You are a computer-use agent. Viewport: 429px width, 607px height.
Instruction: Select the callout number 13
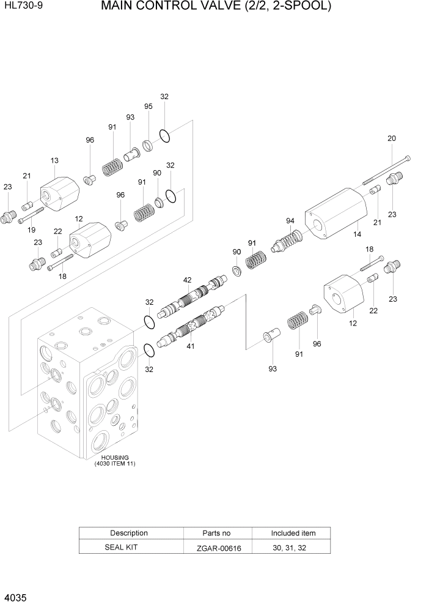[x=54, y=161]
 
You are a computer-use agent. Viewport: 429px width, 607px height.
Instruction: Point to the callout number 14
[x=357, y=233]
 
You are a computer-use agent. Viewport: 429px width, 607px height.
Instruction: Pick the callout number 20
[x=392, y=139]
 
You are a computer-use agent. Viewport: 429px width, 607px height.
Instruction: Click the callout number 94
[x=290, y=221]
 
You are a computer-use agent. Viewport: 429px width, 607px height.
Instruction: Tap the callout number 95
[x=148, y=106]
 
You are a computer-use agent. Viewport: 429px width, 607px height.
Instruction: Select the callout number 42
[x=187, y=280]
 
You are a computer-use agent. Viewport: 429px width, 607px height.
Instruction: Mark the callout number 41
[x=190, y=347]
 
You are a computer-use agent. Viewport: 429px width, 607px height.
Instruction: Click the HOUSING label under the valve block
[x=115, y=457]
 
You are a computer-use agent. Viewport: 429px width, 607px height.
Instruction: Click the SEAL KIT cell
[x=129, y=547]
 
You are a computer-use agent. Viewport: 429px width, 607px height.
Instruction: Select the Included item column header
[x=293, y=533]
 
